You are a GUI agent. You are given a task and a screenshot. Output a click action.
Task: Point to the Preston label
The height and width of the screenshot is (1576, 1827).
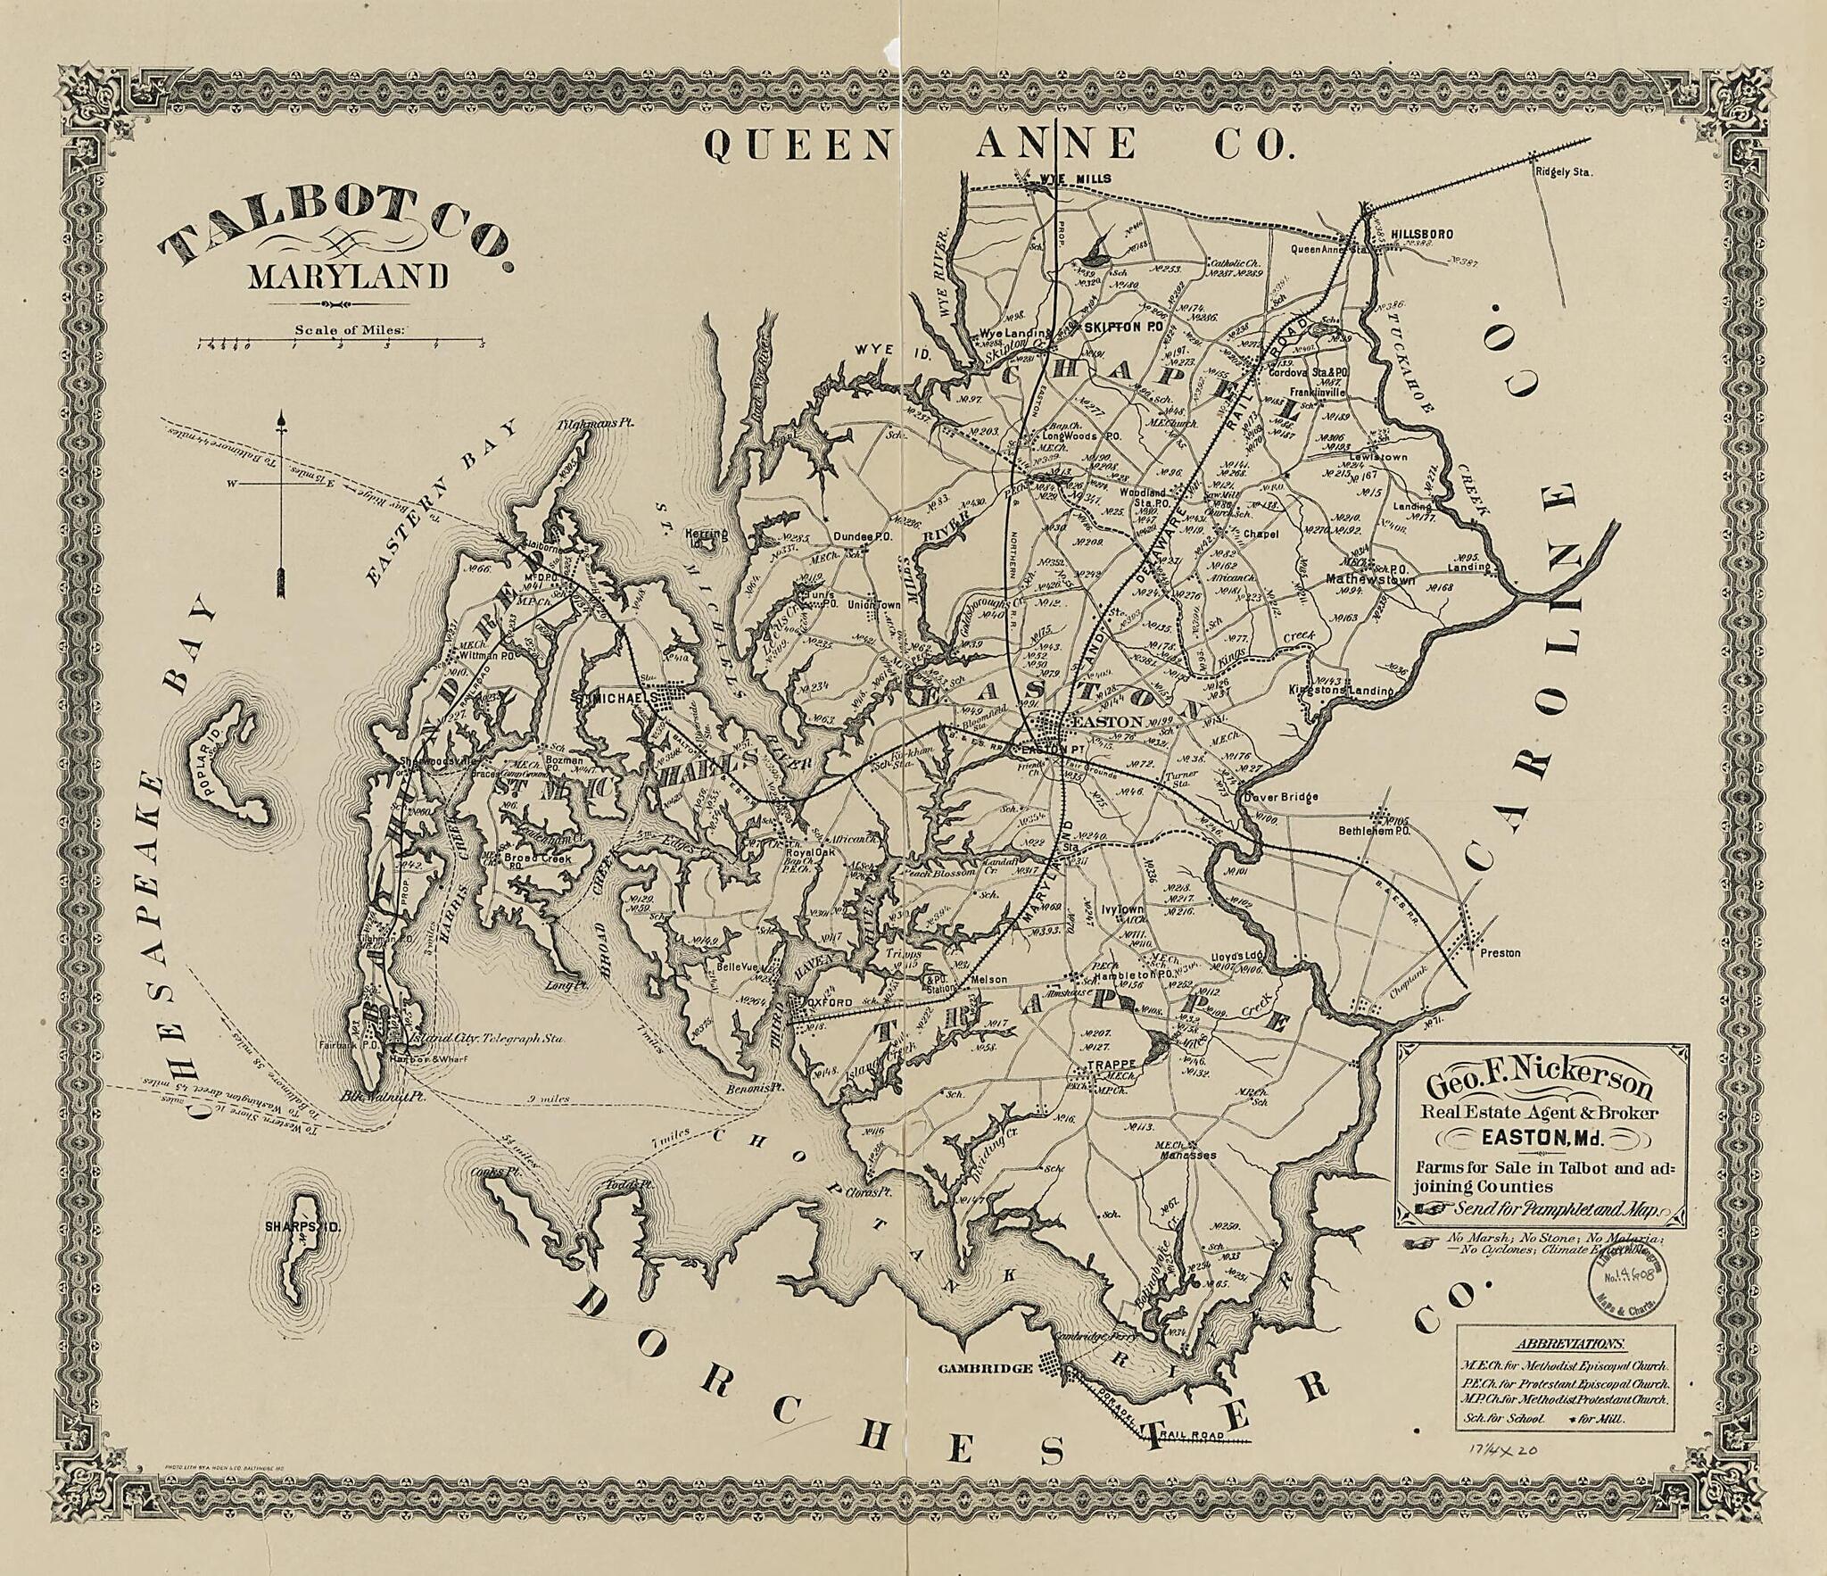click(x=1500, y=953)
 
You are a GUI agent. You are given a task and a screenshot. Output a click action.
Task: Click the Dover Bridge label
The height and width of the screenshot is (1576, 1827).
click(x=1282, y=797)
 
